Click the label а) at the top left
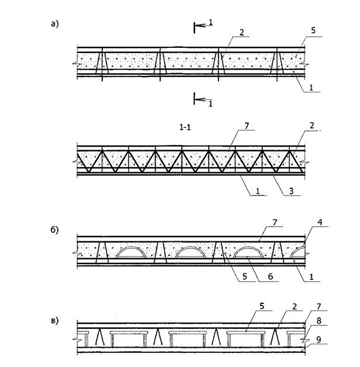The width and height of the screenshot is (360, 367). point(55,24)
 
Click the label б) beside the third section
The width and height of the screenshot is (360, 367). point(54,230)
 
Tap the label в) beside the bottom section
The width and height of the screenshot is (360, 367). point(54,320)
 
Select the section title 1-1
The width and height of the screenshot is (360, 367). point(185,127)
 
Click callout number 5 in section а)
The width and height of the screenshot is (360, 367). point(313,30)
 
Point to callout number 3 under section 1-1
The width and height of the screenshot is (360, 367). point(291,191)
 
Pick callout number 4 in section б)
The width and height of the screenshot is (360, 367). point(320,222)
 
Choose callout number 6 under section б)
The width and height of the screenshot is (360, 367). point(271,276)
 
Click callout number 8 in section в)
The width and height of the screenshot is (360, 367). point(319,321)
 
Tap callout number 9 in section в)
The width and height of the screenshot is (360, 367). point(319,340)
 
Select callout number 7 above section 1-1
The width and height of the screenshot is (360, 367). point(247,126)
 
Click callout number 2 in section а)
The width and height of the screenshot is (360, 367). point(241,33)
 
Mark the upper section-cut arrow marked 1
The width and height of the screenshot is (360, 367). point(203,25)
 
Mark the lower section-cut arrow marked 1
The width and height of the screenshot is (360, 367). point(203,100)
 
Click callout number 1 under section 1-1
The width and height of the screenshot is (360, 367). point(258,191)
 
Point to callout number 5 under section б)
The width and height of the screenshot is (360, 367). point(245,276)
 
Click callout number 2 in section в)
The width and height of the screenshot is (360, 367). point(295,307)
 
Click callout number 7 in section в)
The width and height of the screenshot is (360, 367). point(319,307)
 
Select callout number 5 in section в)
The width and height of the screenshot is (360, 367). point(262,306)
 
